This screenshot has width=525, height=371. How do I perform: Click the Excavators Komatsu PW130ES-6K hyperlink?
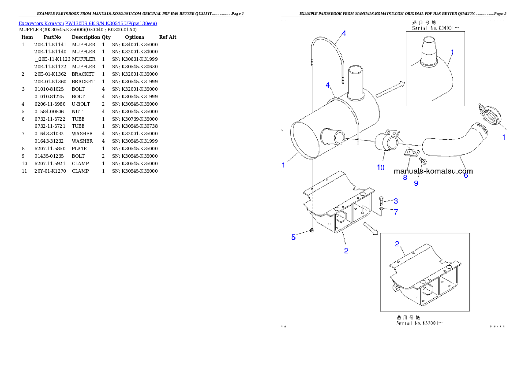[88, 23]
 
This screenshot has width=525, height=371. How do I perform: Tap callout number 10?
[380, 167]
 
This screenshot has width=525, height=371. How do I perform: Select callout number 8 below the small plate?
[405, 178]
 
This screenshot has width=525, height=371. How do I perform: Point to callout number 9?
[416, 183]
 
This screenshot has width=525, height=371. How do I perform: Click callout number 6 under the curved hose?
[465, 175]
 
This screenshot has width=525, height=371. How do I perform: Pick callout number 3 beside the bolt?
[396, 201]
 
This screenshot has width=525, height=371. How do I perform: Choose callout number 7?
[396, 212]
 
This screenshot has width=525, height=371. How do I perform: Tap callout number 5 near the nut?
[293, 237]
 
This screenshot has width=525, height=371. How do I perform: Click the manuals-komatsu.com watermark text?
[433, 171]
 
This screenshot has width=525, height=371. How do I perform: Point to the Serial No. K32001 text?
[419, 323]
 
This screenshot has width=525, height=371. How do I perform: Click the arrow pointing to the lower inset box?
[371, 229]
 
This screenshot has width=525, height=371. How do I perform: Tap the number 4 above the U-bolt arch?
[344, 33]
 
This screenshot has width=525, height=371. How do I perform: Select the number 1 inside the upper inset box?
[452, 52]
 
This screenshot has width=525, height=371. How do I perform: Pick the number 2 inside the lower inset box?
[397, 244]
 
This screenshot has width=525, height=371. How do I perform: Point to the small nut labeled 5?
[312, 230]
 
